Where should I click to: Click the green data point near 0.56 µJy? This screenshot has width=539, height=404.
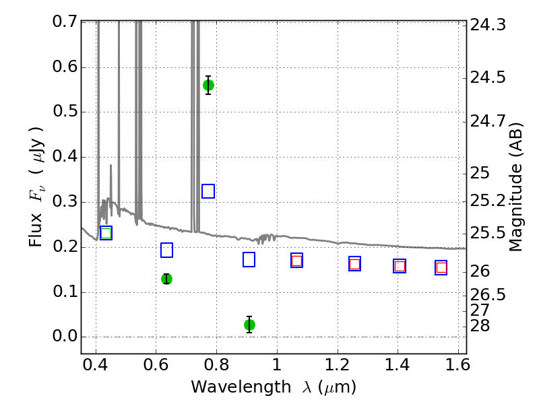pos(208,86)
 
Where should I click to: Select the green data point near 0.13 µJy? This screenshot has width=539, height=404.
pos(166,279)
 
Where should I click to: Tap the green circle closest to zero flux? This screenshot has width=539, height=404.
pos(249,325)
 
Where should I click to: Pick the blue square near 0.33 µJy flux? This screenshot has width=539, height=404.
pos(208,191)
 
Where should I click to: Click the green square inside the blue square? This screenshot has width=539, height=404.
pos(106,233)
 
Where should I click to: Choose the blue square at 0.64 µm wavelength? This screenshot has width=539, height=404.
pos(166,250)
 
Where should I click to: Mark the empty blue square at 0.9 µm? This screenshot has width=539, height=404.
pos(249,260)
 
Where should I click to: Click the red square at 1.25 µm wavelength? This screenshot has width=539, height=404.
pos(355,264)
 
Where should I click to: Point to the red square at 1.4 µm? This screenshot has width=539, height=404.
pos(400,266)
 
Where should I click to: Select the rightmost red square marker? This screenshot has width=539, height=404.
pos(441,267)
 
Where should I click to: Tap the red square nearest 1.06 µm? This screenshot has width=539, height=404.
pos(296,261)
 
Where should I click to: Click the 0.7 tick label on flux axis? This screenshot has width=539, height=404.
pos(65,22)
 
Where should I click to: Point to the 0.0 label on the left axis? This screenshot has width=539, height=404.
pos(65,336)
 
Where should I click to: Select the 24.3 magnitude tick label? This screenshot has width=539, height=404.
pos(488,25)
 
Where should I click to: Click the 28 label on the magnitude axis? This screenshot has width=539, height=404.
pos(480,325)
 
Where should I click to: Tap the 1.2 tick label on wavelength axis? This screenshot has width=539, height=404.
pos(338,365)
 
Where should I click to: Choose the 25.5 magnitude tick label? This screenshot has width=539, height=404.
pos(488,233)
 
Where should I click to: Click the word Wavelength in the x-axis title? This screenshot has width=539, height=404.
pos(241,386)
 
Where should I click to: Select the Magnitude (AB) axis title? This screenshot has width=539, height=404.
pos(515,187)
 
